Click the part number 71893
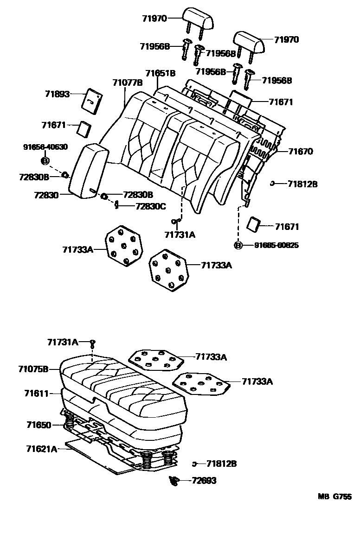coord(57,94)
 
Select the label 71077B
coord(127,83)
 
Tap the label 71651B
coord(160,73)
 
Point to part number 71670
coord(301,151)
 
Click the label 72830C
coord(150,206)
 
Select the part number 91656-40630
coord(45,147)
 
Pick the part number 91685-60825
coord(276,245)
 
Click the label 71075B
coord(33,369)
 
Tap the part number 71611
coord(36,393)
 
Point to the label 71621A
coord(42,448)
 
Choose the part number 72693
coord(204,481)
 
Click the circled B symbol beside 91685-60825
coord(238,245)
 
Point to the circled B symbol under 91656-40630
coord(45,161)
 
